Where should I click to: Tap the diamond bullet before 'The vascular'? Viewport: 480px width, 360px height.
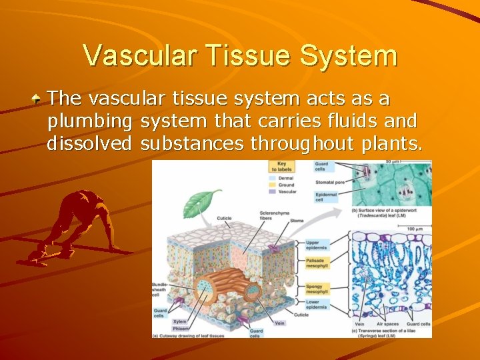(39, 99)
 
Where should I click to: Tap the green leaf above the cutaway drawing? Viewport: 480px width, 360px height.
(203, 201)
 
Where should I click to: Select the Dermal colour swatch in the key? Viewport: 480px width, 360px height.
(273, 178)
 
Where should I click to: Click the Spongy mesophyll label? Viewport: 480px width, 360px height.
(316, 289)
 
